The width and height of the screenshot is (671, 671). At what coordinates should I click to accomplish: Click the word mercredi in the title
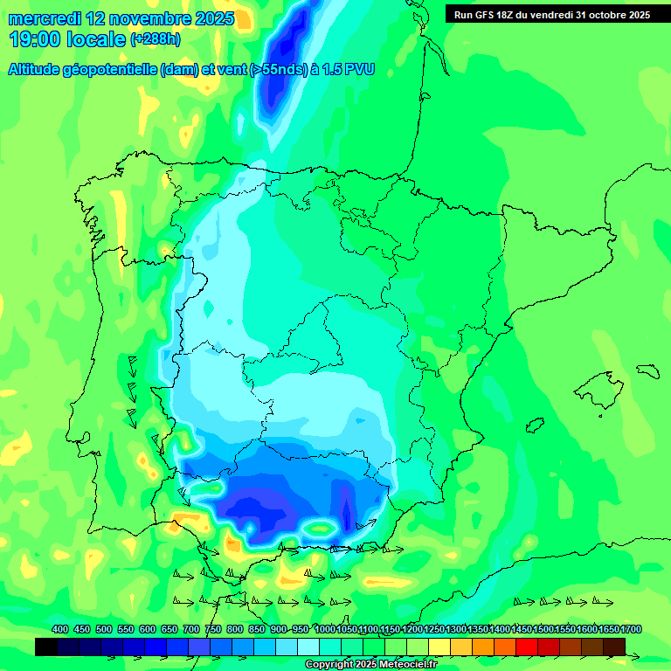pos(45,18)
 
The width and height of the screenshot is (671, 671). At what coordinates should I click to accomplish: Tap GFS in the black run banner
pos(487,15)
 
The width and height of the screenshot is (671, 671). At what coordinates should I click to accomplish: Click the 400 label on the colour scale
pos(59,629)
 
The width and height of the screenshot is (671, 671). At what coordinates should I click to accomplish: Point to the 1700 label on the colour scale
pos(631,629)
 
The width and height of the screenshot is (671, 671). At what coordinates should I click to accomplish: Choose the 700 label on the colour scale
pos(190,629)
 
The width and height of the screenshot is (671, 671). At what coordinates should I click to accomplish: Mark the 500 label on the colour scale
pos(103,629)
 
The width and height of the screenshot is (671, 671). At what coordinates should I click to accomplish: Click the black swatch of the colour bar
pos(46,647)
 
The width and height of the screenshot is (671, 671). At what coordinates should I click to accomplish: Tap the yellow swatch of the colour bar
pos(439,647)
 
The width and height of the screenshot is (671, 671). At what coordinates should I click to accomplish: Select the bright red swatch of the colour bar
pos(527,647)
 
